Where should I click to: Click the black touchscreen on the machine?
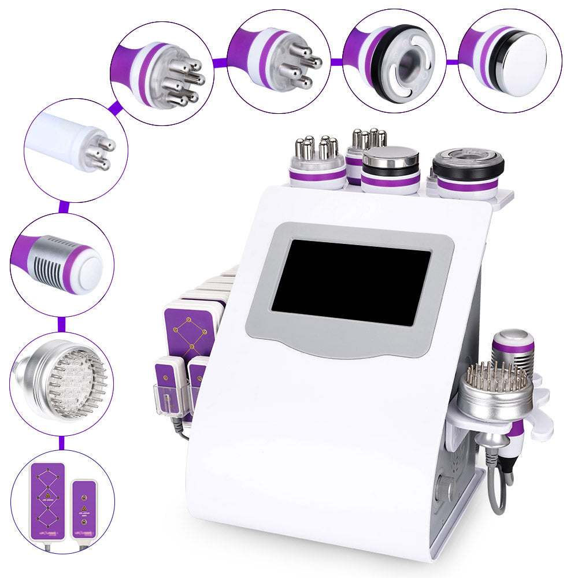pos(351,281)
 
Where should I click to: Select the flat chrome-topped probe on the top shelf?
pos(391,168)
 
